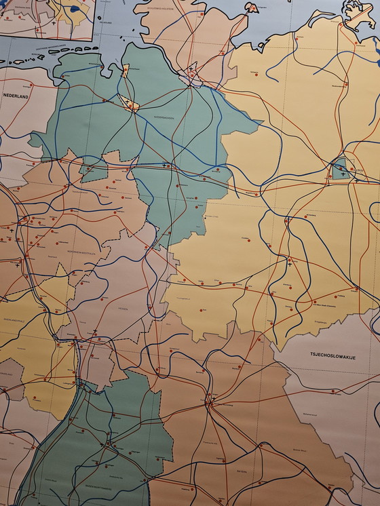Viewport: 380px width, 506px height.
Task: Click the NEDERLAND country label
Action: point(14,96)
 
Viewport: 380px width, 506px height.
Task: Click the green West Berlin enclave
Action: point(339,168)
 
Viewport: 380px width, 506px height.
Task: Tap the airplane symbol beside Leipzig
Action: point(290,265)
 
